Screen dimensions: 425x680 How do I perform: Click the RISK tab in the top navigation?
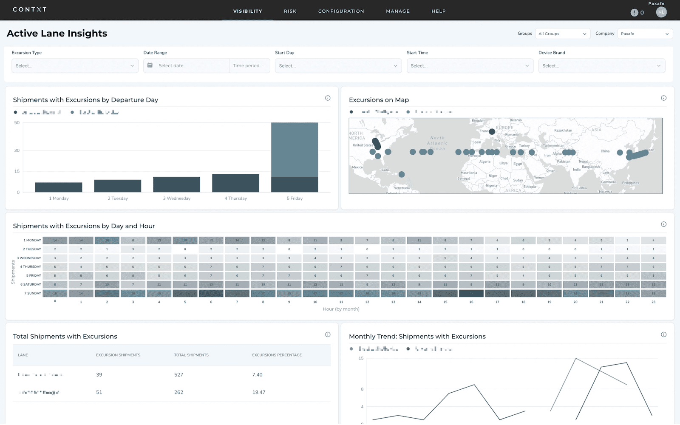pyautogui.click(x=290, y=11)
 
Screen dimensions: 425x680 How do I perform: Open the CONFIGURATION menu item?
pyautogui.click(x=341, y=11)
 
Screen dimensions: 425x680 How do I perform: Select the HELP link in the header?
pyautogui.click(x=439, y=11)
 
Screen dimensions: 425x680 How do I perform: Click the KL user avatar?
pyautogui.click(x=661, y=12)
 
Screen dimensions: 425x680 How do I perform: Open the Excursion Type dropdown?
pyautogui.click(x=75, y=66)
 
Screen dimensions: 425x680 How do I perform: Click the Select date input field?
pyautogui.click(x=187, y=66)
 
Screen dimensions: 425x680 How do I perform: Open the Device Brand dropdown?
pyautogui.click(x=601, y=66)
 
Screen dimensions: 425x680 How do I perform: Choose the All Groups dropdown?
pyautogui.click(x=562, y=34)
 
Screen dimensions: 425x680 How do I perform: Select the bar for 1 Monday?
pyautogui.click(x=59, y=187)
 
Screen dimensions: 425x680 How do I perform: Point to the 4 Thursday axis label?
pyautogui.click(x=235, y=198)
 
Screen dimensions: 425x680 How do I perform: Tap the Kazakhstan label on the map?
pyautogui.click(x=563, y=130)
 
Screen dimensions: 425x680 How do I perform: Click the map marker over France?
pyautogui.click(x=492, y=131)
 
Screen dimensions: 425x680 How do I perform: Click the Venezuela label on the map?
pyautogui.click(x=401, y=188)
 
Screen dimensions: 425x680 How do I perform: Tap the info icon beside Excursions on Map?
pyautogui.click(x=663, y=98)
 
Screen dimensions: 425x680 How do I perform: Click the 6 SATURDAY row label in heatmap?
pyautogui.click(x=31, y=285)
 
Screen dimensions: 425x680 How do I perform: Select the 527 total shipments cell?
pyautogui.click(x=178, y=375)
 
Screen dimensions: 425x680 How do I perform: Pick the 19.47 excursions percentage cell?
pyautogui.click(x=258, y=392)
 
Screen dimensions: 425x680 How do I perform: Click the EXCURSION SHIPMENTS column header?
pyautogui.click(x=118, y=355)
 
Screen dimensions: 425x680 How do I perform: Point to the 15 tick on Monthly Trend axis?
pyautogui.click(x=361, y=358)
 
